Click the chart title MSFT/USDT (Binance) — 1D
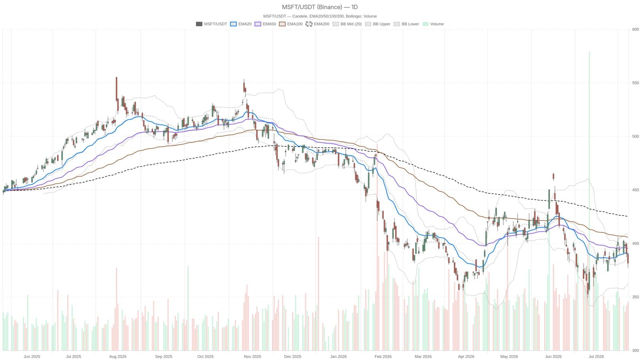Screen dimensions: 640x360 320,7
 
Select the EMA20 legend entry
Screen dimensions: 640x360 240,24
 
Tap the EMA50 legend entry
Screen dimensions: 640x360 265,24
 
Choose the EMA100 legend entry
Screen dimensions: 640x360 290,24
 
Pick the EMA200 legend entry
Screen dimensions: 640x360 318,24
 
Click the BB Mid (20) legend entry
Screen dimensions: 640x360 347,24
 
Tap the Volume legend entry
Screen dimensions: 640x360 433,24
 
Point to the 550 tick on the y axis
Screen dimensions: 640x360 635,83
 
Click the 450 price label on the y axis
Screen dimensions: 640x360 635,190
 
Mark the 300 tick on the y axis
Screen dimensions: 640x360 635,350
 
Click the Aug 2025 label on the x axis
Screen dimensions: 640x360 118,356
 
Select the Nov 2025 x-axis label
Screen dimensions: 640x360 252,356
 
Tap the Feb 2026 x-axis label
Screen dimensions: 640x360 383,356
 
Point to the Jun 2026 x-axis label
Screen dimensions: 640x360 553,356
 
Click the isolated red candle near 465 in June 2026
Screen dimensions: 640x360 554,176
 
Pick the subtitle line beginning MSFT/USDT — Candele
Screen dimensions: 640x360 320,16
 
